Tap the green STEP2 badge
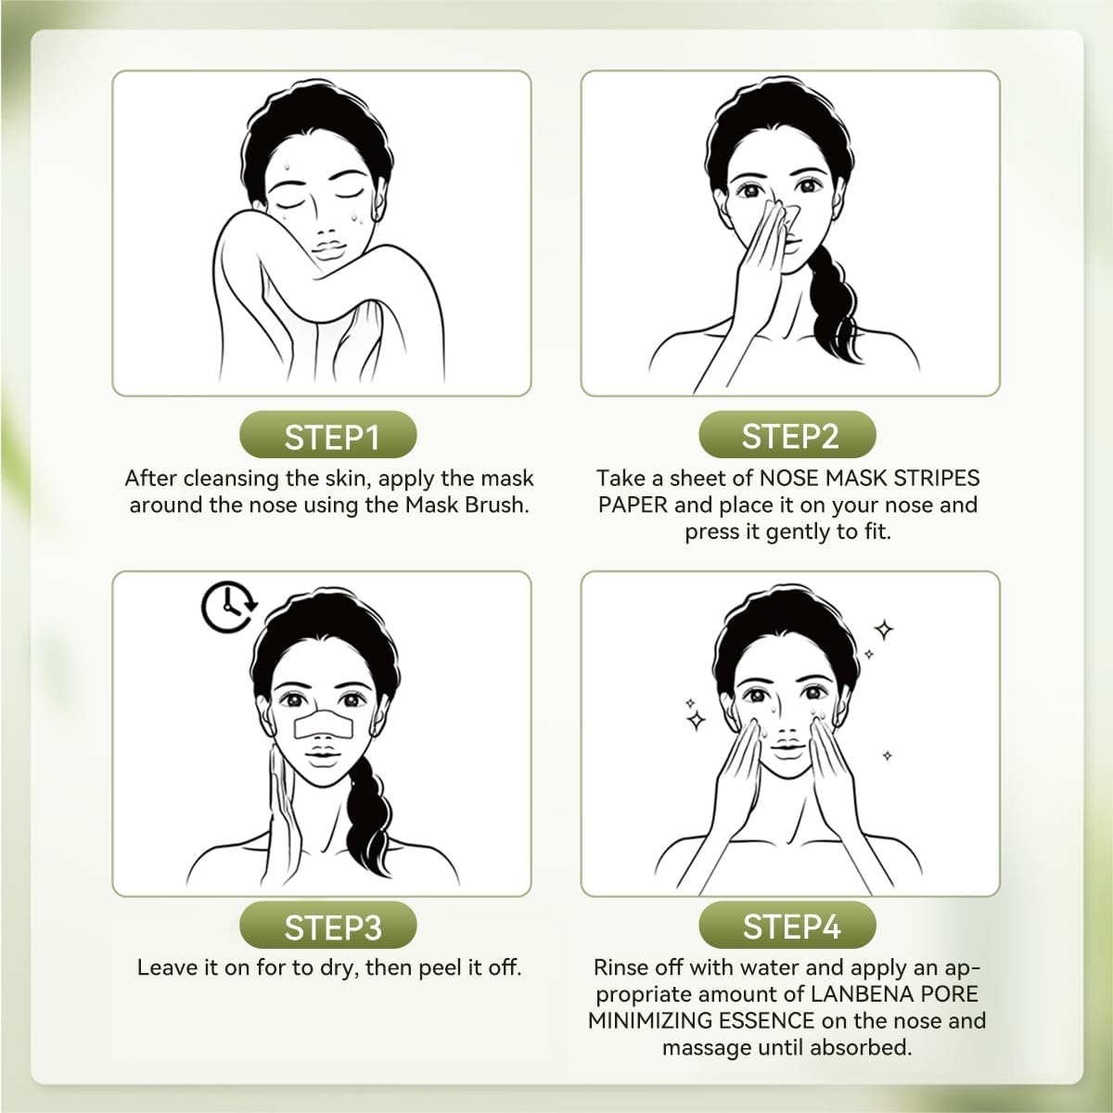click(788, 436)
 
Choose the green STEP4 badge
click(788, 926)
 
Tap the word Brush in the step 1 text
click(498, 505)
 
